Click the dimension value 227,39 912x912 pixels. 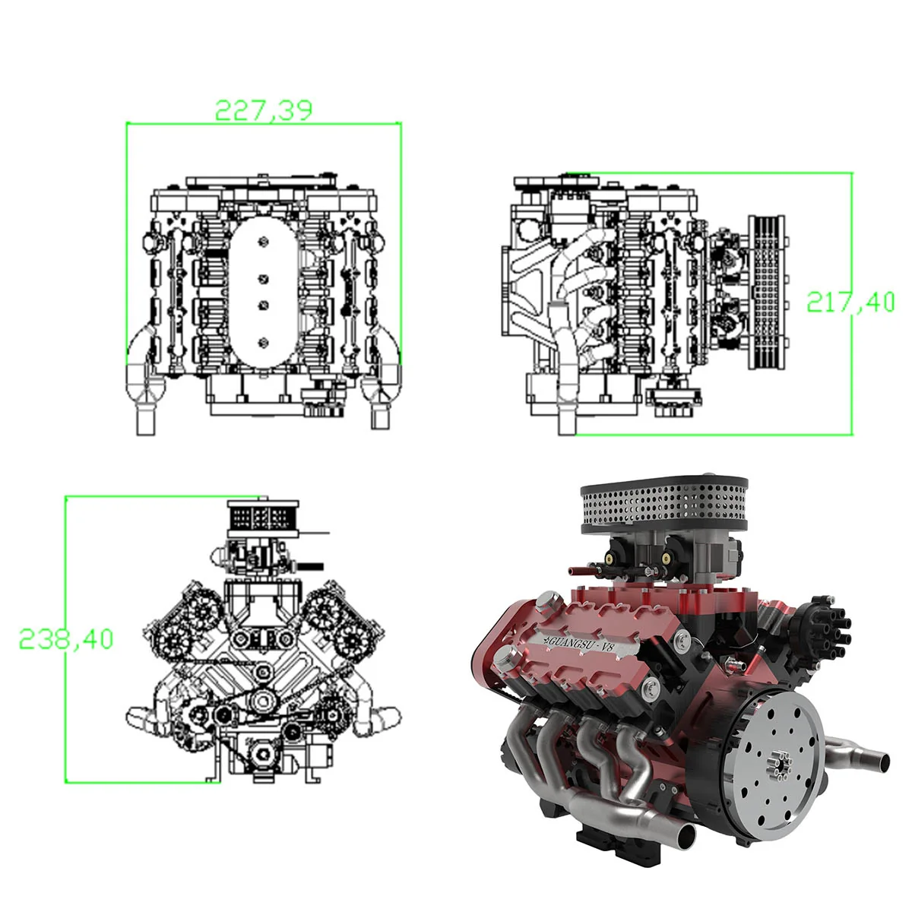(x=264, y=110)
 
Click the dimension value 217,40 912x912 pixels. (x=850, y=302)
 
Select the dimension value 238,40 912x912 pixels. (x=66, y=640)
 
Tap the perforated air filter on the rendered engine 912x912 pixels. (x=664, y=506)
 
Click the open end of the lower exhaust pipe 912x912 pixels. (x=685, y=841)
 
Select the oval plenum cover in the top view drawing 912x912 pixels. (x=263, y=290)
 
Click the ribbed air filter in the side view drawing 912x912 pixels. (x=766, y=292)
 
